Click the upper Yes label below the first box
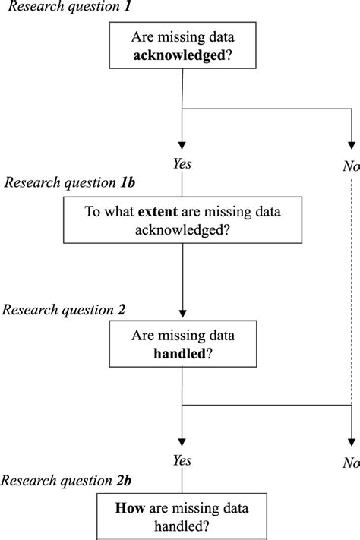point(182,163)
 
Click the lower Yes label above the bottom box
point(182,461)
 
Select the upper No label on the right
point(350,165)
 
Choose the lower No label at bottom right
point(350,462)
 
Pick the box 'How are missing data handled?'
point(182,517)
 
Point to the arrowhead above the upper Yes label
point(182,142)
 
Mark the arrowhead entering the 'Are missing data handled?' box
point(182,314)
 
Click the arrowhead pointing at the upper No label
point(350,142)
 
